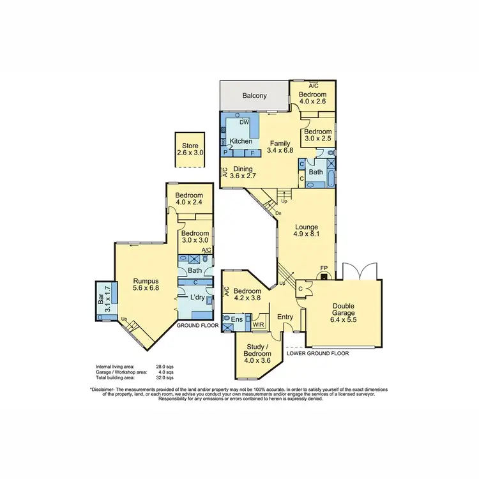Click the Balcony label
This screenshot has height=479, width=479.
(x=254, y=96)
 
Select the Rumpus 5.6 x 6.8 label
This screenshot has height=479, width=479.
(x=146, y=284)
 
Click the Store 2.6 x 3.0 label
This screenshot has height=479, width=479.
(x=190, y=149)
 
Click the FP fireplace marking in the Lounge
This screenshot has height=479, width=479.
(x=324, y=269)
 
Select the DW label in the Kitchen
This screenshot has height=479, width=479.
(x=243, y=123)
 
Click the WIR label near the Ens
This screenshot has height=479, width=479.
(x=259, y=324)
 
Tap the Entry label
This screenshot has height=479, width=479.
(x=284, y=316)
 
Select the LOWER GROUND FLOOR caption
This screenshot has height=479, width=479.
(x=317, y=352)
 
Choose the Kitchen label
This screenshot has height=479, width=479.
(x=240, y=141)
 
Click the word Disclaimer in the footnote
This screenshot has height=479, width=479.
(x=105, y=389)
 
